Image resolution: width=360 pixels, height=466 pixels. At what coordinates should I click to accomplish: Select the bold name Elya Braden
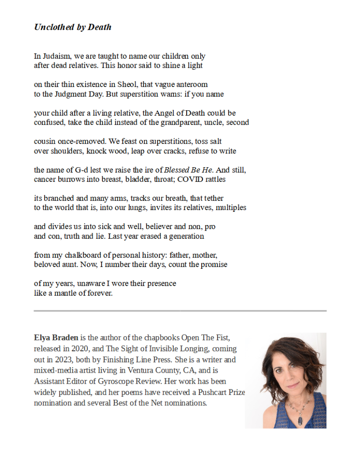pos(56,338)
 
